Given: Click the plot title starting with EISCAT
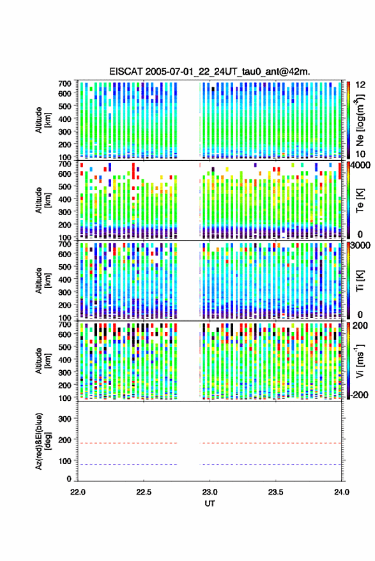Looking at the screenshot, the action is (210, 71).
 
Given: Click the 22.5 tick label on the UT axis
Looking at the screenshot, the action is (144, 492).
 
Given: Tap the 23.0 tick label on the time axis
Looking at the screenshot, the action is (210, 492).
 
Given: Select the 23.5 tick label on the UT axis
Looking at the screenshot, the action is (275, 492).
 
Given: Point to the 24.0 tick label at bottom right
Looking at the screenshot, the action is (341, 492).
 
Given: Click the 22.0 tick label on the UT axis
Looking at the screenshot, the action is (78, 492).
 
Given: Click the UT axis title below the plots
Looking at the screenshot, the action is (210, 504).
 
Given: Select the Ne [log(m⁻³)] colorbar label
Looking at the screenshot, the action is (360, 120).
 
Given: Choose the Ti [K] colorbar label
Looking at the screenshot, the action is (360, 281).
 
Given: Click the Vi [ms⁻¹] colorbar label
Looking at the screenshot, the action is (360, 361).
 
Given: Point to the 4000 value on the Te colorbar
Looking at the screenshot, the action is (361, 165).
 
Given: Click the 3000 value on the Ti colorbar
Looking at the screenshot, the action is (361, 246).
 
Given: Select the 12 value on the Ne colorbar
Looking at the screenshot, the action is (361, 85).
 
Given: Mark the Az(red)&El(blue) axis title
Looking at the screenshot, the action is (43, 441).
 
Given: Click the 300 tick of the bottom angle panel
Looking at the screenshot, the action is (65, 419).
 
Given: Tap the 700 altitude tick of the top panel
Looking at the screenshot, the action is (65, 84).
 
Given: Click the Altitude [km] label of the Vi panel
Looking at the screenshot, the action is (43, 361).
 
